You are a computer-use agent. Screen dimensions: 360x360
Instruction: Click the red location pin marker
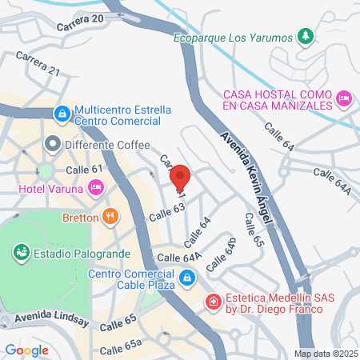point(180,177)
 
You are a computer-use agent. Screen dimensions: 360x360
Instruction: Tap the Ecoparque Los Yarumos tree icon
point(304,36)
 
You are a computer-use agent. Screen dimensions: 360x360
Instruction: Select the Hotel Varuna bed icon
point(96,189)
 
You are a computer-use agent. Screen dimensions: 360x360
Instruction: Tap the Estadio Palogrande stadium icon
point(21,253)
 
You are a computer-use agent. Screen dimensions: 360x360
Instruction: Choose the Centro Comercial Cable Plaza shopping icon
point(186,278)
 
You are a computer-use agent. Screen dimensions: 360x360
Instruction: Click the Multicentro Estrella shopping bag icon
point(62,114)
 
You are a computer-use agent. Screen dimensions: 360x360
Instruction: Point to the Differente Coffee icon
point(53,145)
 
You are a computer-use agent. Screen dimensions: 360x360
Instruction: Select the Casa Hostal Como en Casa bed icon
point(344,98)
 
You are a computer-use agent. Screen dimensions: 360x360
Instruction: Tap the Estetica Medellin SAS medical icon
point(214,302)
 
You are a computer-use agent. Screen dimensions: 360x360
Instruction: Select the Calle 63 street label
point(167,211)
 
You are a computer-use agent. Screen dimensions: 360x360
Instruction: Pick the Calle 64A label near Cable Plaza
point(180,257)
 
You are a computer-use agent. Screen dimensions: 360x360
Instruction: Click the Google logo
point(26,350)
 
